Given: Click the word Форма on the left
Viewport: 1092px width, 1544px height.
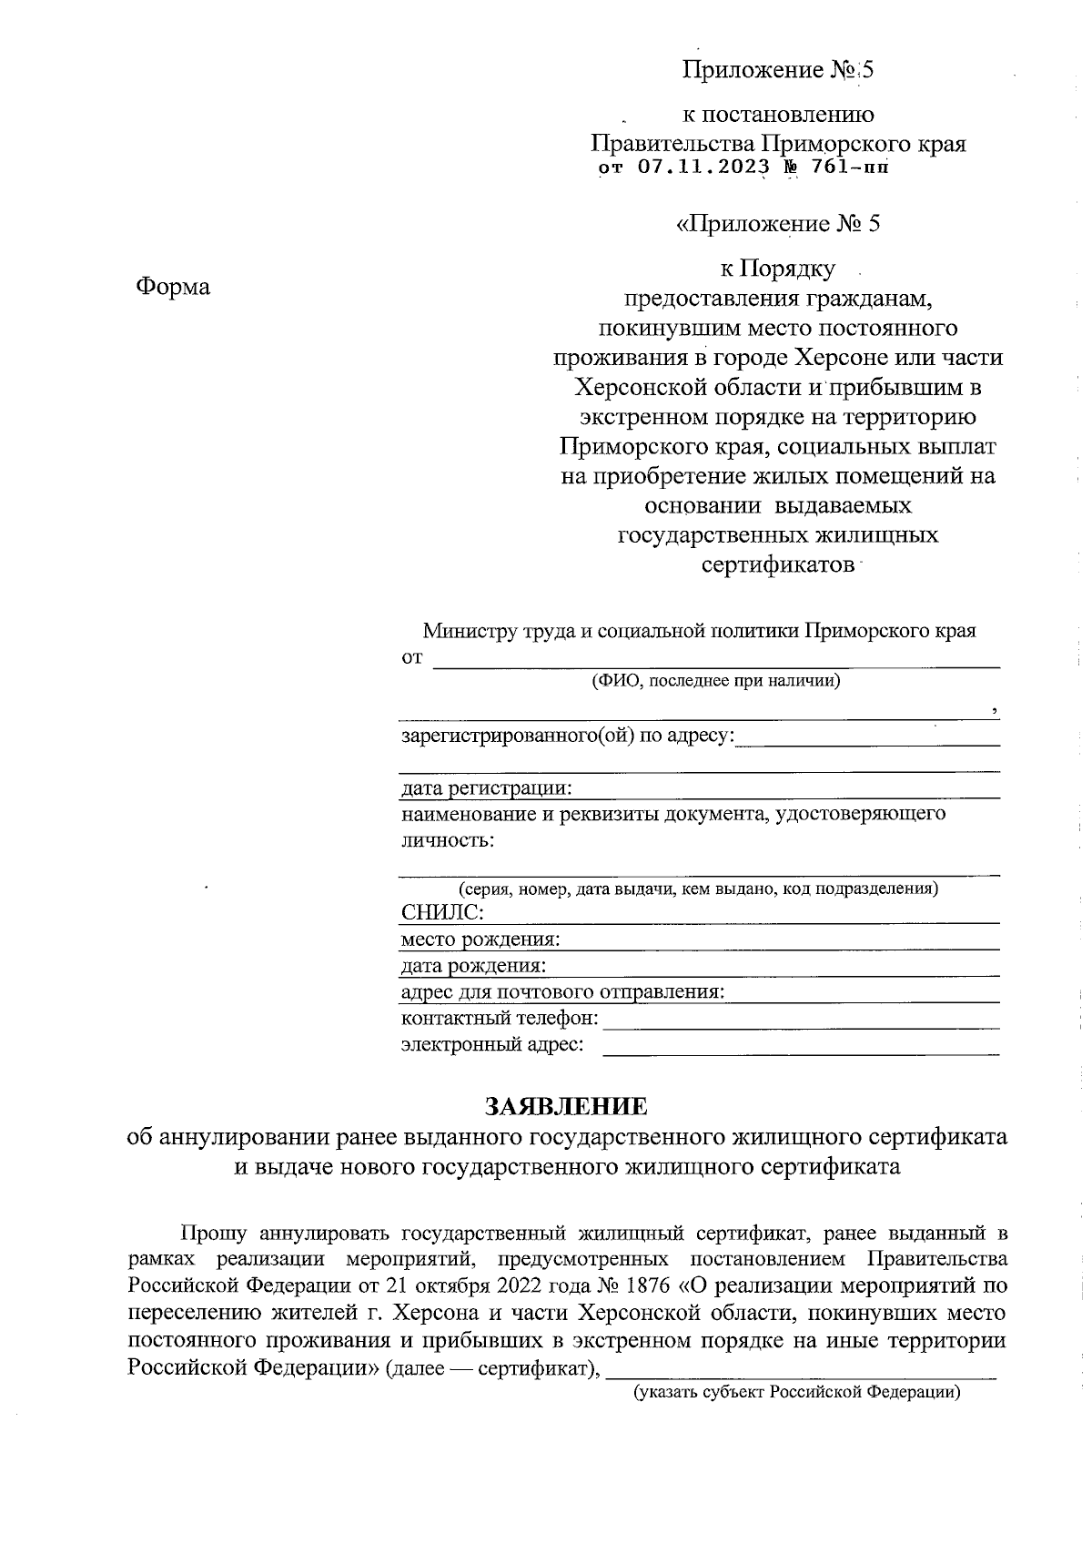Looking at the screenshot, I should click(173, 287).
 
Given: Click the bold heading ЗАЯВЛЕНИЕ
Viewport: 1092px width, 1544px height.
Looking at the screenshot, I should click(566, 1106).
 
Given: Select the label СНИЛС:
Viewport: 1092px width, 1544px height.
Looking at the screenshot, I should click(442, 912).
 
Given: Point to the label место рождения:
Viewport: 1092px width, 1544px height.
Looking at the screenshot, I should click(480, 939).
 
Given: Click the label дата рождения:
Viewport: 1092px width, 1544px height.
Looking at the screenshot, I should click(474, 965).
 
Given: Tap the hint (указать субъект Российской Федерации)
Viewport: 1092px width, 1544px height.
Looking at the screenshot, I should click(797, 1392).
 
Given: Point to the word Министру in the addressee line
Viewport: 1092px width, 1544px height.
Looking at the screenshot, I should click(470, 631).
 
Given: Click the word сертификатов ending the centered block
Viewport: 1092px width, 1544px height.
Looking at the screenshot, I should click(778, 564).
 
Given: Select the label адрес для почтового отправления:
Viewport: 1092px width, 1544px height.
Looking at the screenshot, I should click(562, 991).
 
